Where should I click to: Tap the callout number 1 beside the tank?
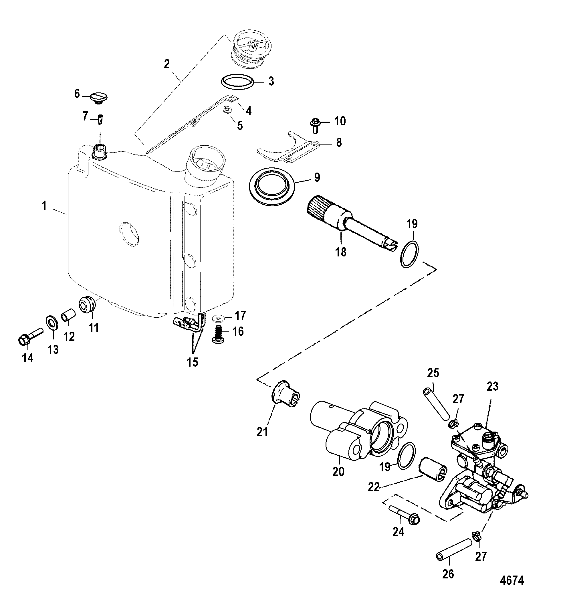[44, 206]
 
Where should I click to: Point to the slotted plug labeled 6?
[99, 98]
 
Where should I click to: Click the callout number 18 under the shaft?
[341, 252]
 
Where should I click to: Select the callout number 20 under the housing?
[338, 471]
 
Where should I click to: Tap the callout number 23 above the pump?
[492, 386]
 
